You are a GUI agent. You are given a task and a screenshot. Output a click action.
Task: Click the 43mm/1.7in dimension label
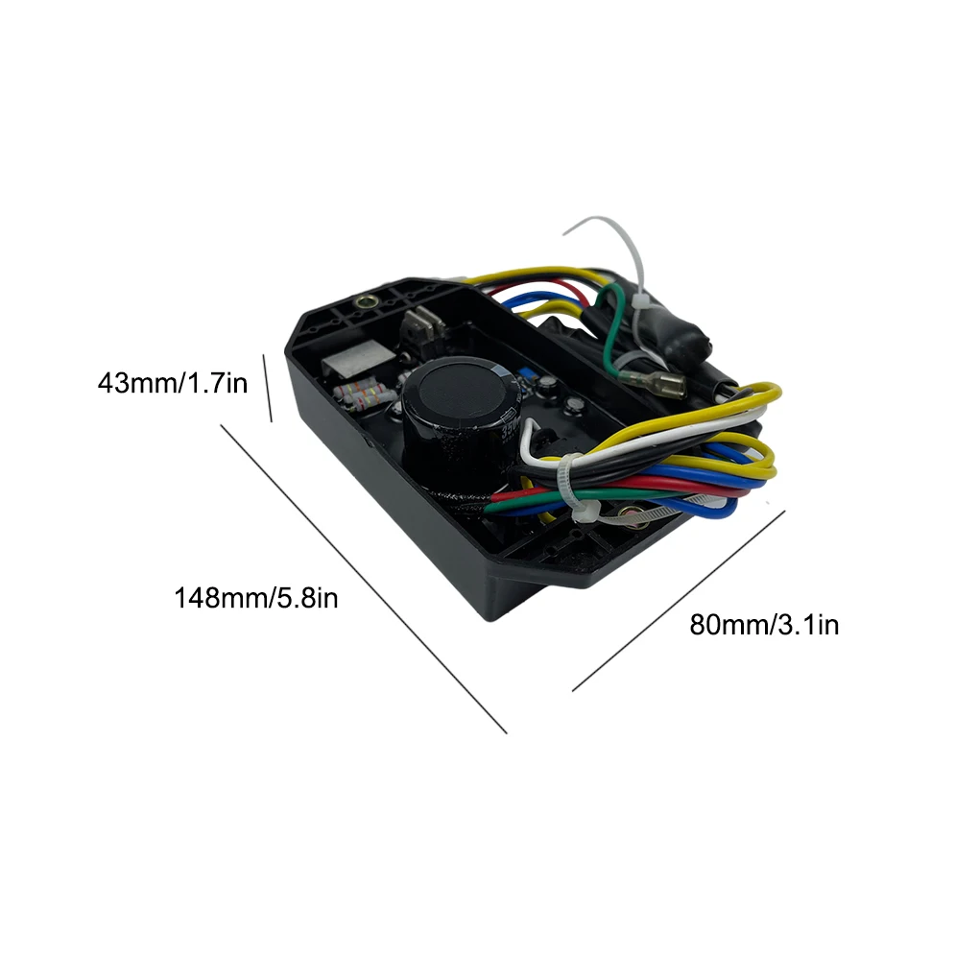[173, 383]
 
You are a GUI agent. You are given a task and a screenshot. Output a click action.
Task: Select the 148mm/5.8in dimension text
[255, 598]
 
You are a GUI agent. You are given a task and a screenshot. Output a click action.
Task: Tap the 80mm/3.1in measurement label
[764, 625]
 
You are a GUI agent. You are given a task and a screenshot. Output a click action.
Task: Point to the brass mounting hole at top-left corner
[366, 301]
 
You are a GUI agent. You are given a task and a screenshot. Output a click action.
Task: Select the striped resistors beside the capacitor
[368, 394]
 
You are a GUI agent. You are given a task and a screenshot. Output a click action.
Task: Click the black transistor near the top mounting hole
[422, 326]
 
